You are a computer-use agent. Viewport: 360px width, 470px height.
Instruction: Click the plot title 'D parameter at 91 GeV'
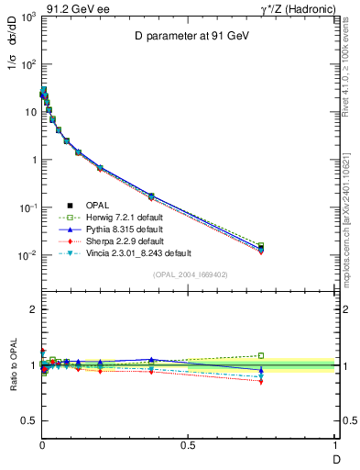pyautogui.click(x=189, y=37)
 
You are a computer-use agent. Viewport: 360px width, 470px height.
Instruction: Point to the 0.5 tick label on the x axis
pyautogui.click(x=189, y=446)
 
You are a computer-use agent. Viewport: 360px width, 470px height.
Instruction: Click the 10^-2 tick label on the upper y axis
pyautogui.click(x=27, y=255)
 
